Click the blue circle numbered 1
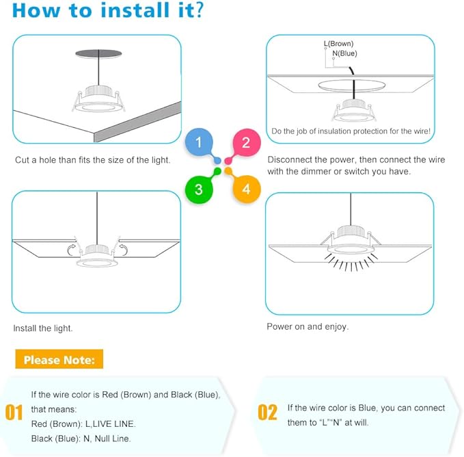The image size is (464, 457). (x=199, y=143)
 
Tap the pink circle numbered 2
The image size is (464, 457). (x=246, y=143)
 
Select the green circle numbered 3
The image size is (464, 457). (x=199, y=189)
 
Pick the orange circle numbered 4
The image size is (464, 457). (x=246, y=189)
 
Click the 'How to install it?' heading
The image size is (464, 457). (x=107, y=12)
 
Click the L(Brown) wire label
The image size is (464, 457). (x=338, y=44)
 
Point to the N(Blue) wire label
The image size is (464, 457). (x=344, y=53)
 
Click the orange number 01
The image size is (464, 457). (x=14, y=413)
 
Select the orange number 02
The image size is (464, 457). (x=267, y=413)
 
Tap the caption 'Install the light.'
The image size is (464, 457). (x=43, y=328)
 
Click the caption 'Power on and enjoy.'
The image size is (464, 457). (x=308, y=327)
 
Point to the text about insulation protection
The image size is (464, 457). (x=350, y=131)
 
